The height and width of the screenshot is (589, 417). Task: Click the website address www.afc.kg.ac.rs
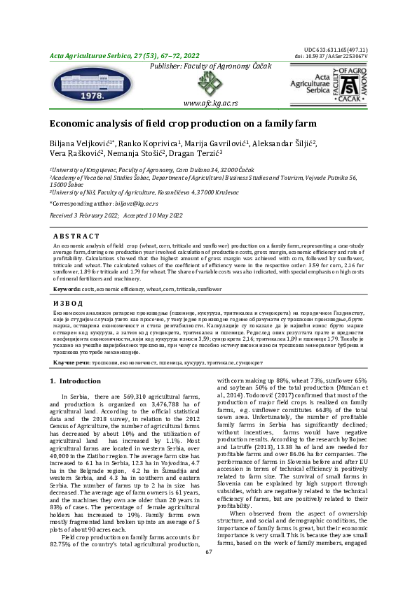tap(210, 103)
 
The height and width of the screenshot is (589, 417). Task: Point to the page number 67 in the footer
tap(208, 572)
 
